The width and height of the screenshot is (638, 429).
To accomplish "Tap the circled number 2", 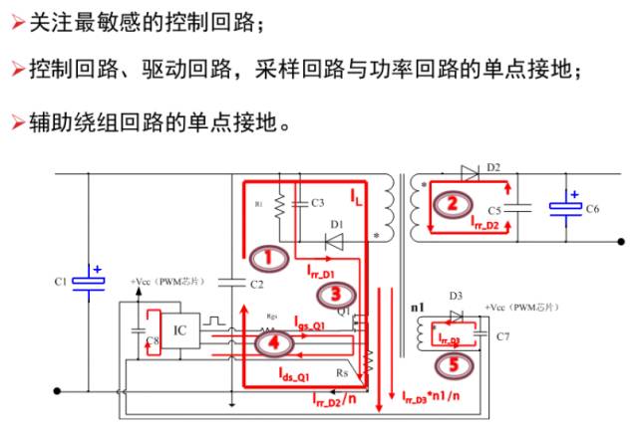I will [x=453, y=203].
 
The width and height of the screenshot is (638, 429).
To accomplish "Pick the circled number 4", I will [x=275, y=341].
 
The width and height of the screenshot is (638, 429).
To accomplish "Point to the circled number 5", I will [x=453, y=365].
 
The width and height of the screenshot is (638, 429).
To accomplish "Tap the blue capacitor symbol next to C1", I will [x=92, y=282].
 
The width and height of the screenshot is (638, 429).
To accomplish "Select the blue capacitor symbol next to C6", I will [x=569, y=207].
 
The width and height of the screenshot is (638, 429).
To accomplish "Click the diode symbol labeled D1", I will [x=335, y=239].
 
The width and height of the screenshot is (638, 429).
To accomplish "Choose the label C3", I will [x=317, y=203].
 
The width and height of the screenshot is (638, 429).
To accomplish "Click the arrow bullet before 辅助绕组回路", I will [x=16, y=123].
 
